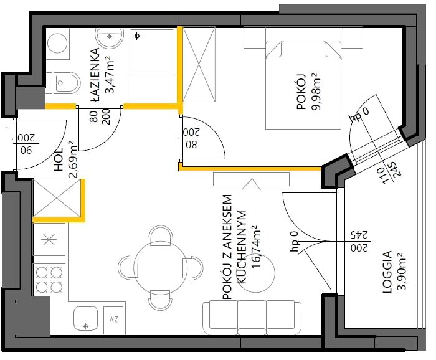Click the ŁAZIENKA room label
95,75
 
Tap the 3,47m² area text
109,75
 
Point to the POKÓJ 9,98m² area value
316,92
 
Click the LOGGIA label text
387,272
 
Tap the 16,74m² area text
256,247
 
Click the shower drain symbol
137,36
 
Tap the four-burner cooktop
49,279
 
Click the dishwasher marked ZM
113,320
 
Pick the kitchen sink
86,318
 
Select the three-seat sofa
252,318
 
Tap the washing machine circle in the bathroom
57,44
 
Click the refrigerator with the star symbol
49,239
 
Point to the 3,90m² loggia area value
401,272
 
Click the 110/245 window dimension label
391,173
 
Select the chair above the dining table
161,235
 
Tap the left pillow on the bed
273,50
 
